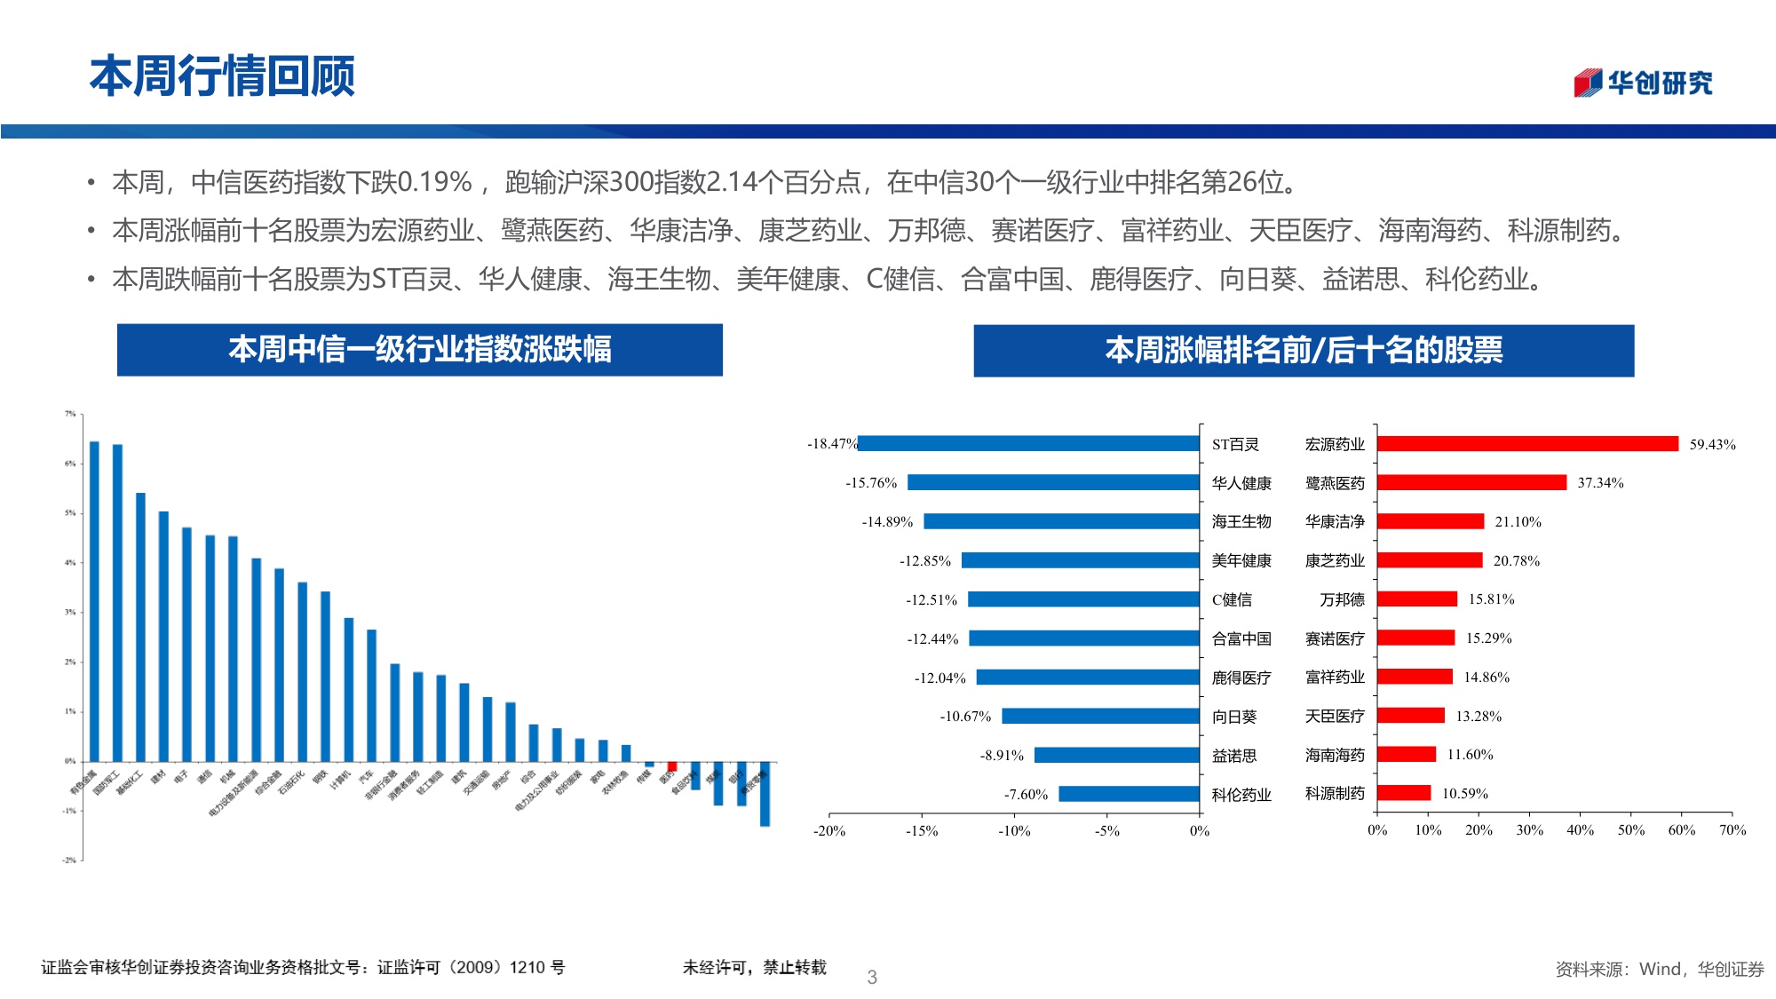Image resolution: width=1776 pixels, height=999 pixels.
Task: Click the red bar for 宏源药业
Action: (x=1527, y=444)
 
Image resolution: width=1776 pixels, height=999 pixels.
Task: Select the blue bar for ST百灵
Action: (x=1028, y=444)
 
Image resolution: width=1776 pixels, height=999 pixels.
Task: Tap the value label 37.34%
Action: (x=1600, y=483)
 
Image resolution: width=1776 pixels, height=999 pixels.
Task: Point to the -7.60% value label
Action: (x=1026, y=795)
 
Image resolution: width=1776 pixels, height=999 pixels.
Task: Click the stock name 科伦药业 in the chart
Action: (x=1241, y=795)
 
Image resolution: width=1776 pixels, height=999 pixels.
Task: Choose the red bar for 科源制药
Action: (x=1404, y=793)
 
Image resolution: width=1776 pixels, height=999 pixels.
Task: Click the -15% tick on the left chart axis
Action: (x=922, y=831)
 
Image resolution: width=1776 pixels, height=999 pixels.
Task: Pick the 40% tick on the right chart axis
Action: (x=1580, y=830)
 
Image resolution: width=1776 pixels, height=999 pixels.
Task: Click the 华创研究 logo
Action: (x=1643, y=83)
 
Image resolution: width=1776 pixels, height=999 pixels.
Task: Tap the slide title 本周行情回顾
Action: (x=222, y=75)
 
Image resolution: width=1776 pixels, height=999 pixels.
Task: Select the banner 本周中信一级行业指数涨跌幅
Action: (x=419, y=350)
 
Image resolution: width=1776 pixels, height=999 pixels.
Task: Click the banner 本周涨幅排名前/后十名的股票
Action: (x=1304, y=351)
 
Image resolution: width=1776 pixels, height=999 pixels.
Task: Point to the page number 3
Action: (x=872, y=977)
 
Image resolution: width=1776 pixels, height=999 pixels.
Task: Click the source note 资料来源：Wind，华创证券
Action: (x=1659, y=969)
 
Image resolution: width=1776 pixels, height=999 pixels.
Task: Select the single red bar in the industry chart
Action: (x=672, y=766)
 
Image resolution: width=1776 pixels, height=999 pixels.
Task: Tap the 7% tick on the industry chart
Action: (x=70, y=414)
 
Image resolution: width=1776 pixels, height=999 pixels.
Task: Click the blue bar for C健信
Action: (x=1083, y=599)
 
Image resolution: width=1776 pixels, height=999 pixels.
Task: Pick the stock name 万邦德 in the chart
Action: (x=1342, y=599)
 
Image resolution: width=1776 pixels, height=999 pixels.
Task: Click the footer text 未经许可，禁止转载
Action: (x=754, y=967)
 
